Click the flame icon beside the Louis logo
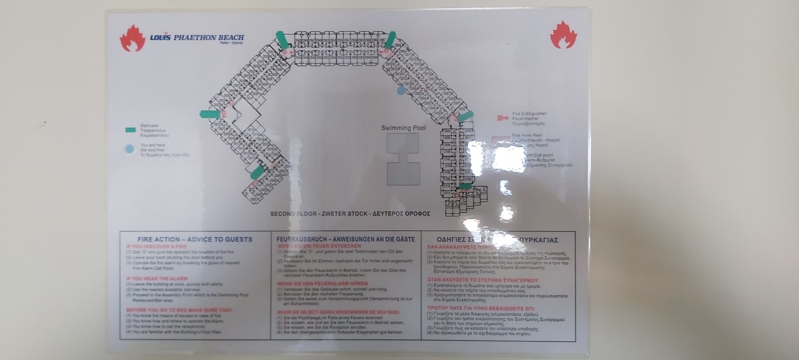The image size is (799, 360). pos(132,38)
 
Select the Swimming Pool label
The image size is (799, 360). pos(403,128)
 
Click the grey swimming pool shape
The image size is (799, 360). pos(403,159)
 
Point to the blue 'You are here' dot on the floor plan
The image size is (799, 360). pos(401,90)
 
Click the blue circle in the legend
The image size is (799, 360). pos(129,149)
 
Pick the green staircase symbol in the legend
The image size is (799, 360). pos(130,130)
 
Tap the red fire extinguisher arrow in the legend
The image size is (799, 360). pos(502,117)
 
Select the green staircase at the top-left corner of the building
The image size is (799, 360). pos(282,40)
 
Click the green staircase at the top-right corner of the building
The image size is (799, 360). pos(391,39)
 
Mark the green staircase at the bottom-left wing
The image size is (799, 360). pos(257,172)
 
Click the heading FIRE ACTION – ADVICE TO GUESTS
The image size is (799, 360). pos(195,239)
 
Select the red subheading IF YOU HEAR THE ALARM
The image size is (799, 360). pos(157,278)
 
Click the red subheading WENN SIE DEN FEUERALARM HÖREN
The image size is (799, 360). pos(323,283)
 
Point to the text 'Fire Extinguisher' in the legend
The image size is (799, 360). pos(529,114)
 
